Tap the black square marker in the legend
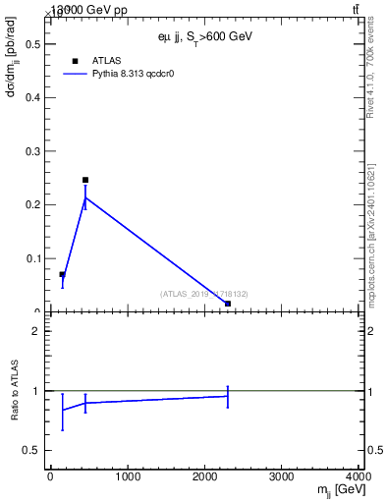(75, 61)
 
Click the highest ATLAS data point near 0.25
(85, 180)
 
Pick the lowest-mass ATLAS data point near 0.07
(62, 274)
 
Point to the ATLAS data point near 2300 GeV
(228, 304)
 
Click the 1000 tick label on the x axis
(127, 477)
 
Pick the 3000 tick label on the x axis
(283, 477)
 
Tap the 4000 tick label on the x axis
(358, 477)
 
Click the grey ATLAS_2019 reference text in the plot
(204, 294)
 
